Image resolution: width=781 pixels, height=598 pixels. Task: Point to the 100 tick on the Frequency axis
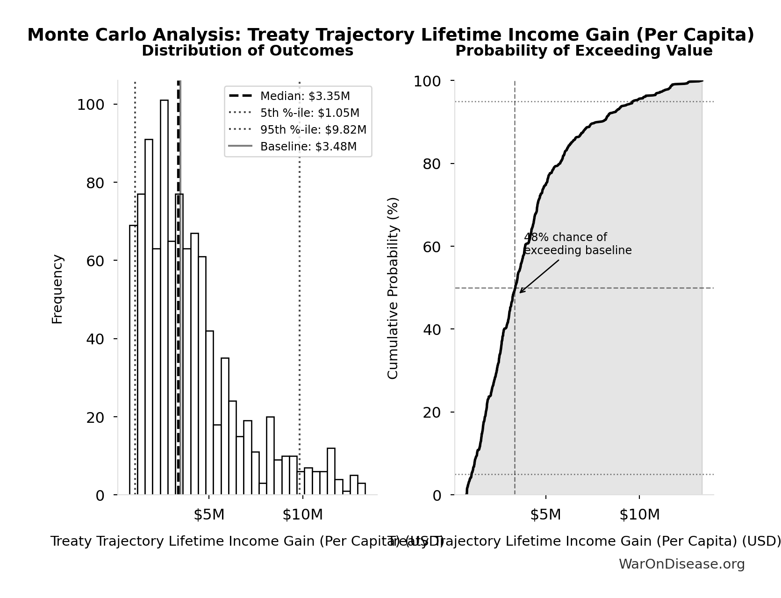coord(91,105)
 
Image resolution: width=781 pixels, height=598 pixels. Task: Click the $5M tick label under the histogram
coord(209,515)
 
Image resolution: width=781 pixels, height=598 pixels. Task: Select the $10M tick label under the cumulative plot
coord(639,515)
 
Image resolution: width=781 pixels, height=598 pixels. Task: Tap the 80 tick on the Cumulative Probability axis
coord(432,164)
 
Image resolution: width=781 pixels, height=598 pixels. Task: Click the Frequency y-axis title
coord(57,289)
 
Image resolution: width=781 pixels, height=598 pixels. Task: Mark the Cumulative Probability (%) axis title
coord(393,288)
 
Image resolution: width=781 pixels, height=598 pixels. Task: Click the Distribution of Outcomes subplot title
coord(247,51)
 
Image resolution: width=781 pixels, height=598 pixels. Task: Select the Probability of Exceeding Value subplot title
coord(584,51)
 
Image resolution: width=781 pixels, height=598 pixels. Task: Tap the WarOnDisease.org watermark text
coord(681,564)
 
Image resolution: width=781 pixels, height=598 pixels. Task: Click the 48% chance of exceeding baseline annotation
coord(577,244)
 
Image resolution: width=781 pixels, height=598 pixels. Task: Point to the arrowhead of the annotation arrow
coord(521,292)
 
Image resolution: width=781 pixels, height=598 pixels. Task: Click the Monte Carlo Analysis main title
coord(391,35)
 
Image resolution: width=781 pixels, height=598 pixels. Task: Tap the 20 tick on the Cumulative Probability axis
coord(432,412)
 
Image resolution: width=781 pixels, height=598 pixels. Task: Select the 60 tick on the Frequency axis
coord(95,261)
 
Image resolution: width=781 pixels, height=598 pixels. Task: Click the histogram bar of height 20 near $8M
coord(270,456)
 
